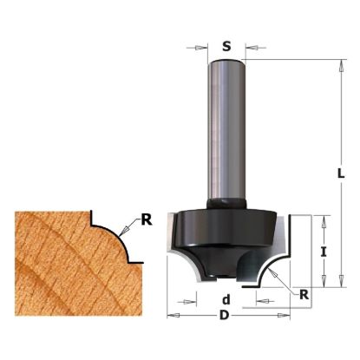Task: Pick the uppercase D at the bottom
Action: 226,313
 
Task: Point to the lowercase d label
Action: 226,298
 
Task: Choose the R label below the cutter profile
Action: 304,294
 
